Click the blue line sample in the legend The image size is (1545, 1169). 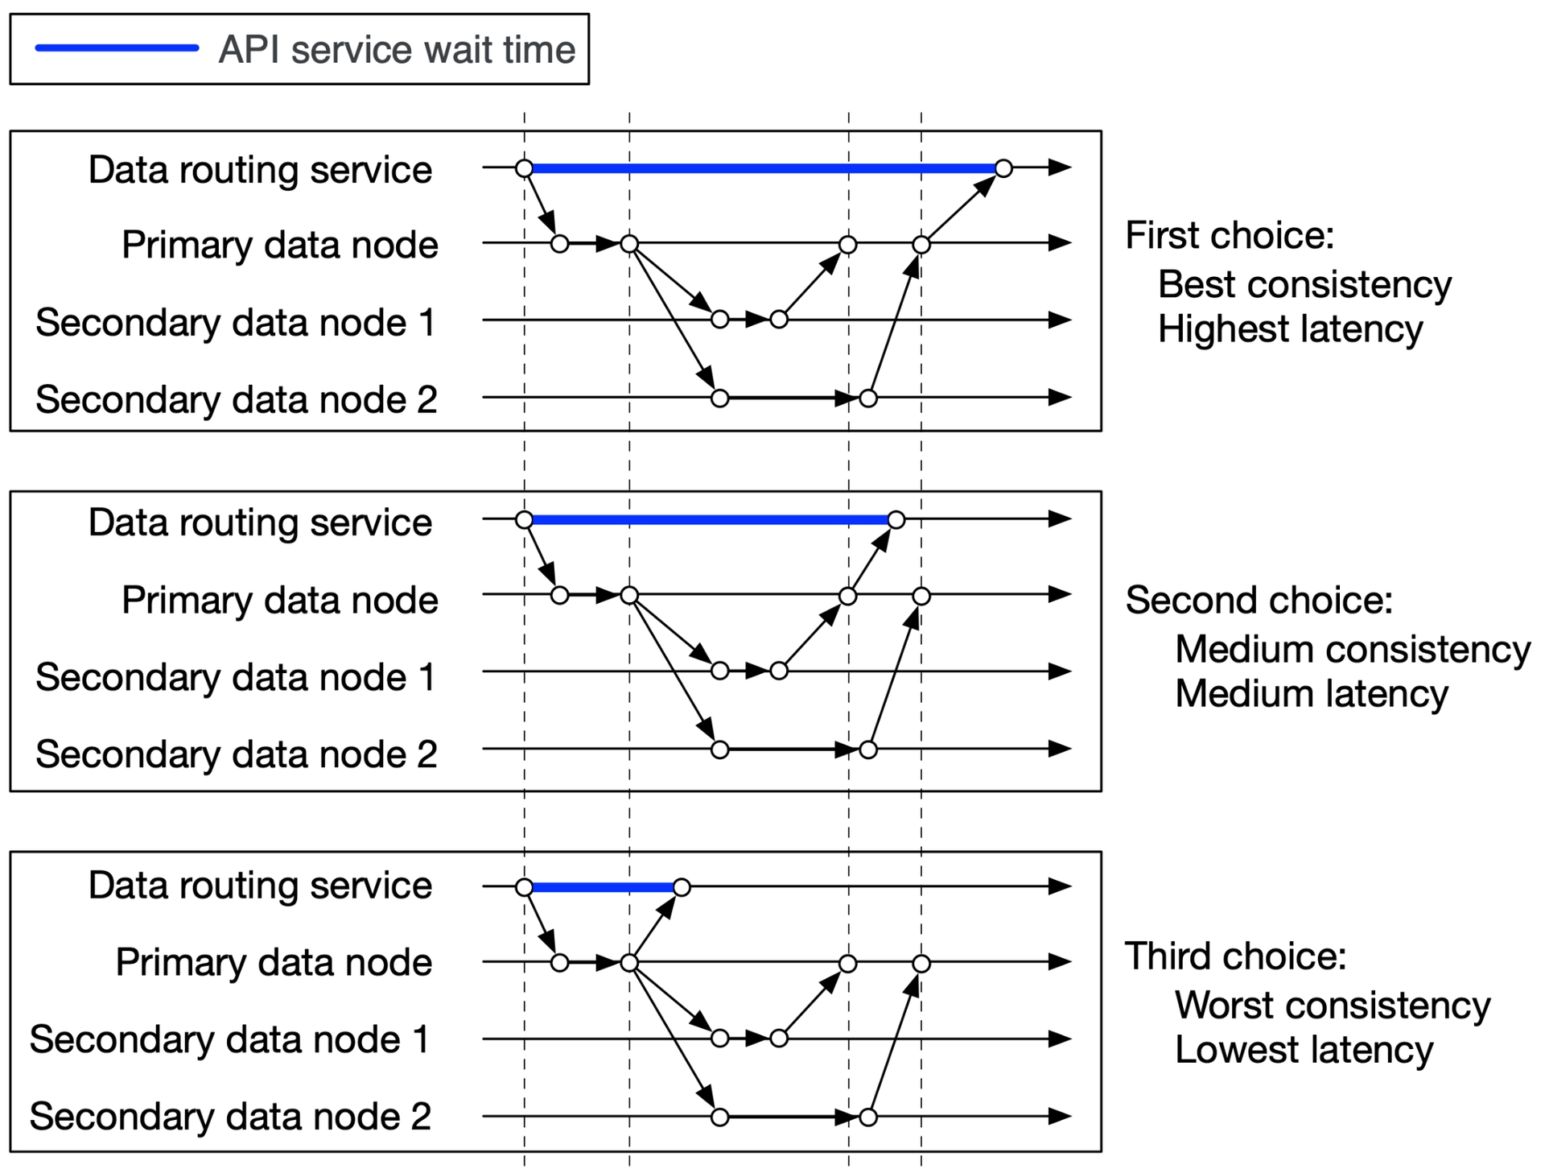click(x=117, y=48)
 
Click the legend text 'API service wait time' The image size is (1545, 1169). click(x=398, y=50)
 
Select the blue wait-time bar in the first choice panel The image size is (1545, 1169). click(x=764, y=168)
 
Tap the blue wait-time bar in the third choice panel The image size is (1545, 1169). click(x=603, y=887)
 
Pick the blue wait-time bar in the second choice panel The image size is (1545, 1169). click(x=710, y=520)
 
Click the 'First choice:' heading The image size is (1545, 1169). click(x=1230, y=236)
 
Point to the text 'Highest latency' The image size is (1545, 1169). click(x=1291, y=329)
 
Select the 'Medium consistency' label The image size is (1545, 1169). click(x=1353, y=649)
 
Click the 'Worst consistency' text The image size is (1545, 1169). click(x=1333, y=1005)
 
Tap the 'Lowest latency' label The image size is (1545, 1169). click(x=1304, y=1050)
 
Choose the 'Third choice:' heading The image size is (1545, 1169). click(x=1235, y=956)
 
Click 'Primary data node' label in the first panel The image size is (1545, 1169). click(x=280, y=245)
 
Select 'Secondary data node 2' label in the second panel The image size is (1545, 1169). click(x=237, y=754)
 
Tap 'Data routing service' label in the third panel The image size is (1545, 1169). click(x=260, y=886)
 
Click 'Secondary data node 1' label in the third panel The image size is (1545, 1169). click(x=229, y=1039)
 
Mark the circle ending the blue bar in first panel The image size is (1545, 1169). click(x=1003, y=168)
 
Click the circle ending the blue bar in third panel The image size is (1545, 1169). click(x=682, y=887)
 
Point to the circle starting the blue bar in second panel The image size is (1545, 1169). click(x=524, y=520)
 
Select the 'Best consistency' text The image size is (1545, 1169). click(x=1304, y=285)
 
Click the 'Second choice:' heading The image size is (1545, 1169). click(x=1259, y=601)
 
